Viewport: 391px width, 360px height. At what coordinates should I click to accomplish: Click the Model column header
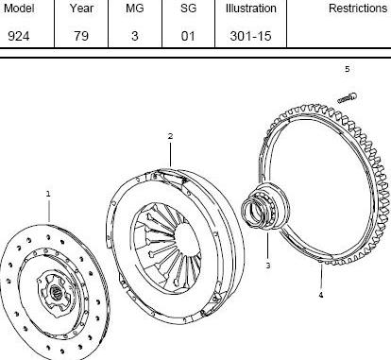tap(19, 9)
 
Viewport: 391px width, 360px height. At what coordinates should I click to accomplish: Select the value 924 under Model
tap(19, 36)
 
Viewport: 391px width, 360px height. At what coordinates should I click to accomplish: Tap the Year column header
tap(81, 9)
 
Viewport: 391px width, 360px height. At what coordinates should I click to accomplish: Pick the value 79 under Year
tap(81, 36)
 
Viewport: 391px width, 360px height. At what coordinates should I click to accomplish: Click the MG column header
tap(135, 9)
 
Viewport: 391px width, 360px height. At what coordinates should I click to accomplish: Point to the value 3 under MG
tap(135, 36)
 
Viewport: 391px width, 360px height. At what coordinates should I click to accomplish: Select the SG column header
tap(188, 9)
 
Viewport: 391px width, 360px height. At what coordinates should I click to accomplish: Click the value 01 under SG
tap(188, 36)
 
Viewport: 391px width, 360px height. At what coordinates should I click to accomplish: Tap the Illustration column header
tap(251, 9)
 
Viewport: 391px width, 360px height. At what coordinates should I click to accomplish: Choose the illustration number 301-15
tap(250, 36)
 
